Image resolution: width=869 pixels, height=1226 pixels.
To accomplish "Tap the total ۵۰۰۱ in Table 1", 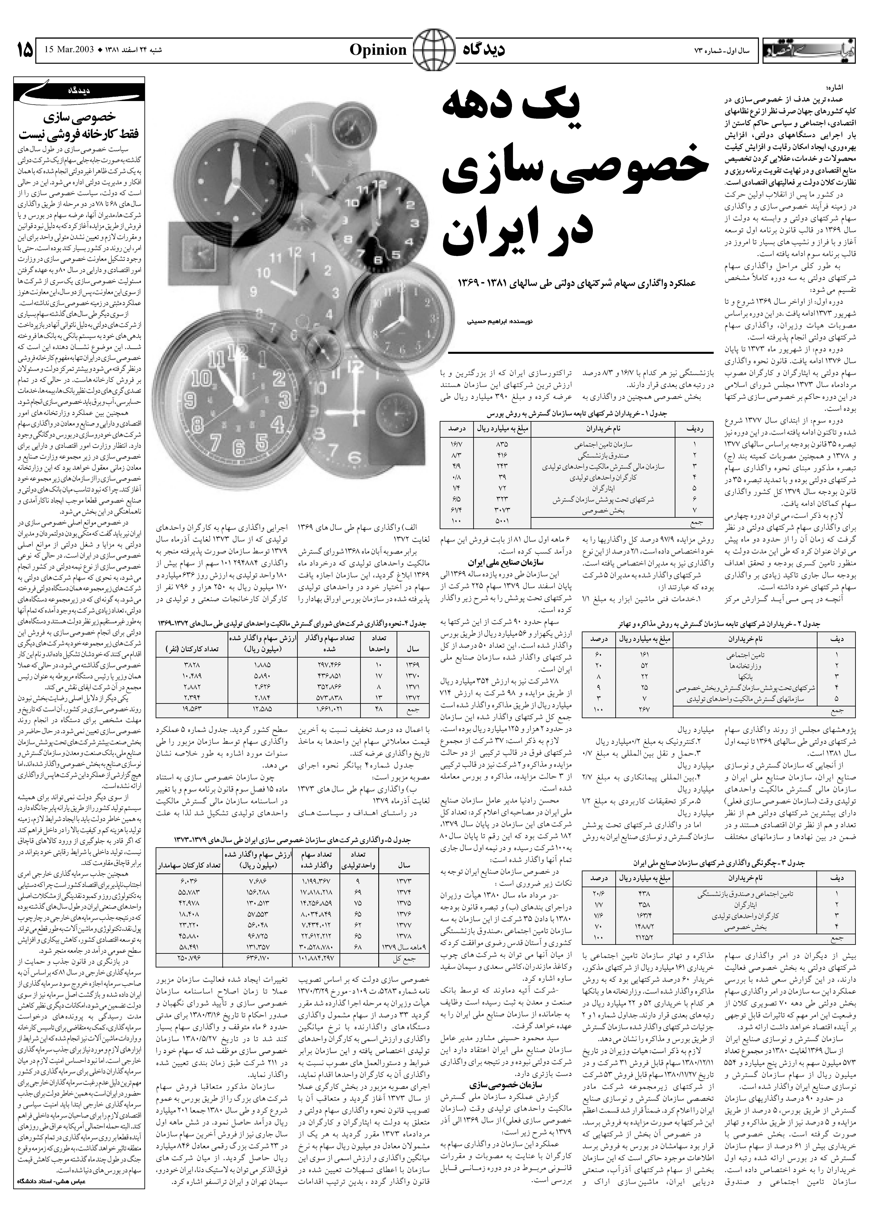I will point(502,520).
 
